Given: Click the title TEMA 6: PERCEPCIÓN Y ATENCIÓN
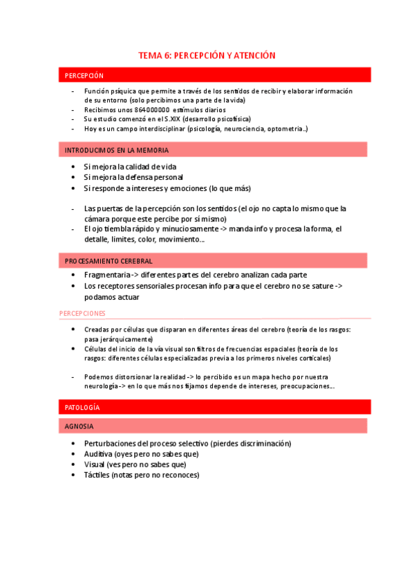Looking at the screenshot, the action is click(x=207, y=55).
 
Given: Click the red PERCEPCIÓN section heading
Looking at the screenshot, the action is click(x=84, y=75).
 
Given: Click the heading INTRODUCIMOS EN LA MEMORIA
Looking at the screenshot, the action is click(x=117, y=150).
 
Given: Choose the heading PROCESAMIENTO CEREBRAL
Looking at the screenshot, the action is click(x=109, y=261).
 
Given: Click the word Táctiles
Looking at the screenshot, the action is click(x=97, y=475).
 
